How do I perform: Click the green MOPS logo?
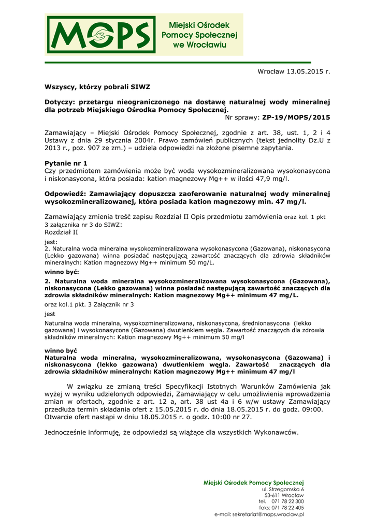pos(102,35)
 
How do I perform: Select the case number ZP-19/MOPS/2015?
pos(296,117)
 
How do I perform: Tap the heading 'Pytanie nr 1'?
pos(66,163)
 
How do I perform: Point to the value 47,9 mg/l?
pos(271,179)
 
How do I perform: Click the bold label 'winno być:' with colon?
pos(62,272)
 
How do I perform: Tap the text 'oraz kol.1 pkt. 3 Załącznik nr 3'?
pos(89,304)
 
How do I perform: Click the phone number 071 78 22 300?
pos(288,502)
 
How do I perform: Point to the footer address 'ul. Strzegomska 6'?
pos(283,489)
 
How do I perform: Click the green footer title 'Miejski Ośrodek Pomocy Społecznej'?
pos(254,482)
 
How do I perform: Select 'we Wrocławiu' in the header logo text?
pos(199,46)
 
